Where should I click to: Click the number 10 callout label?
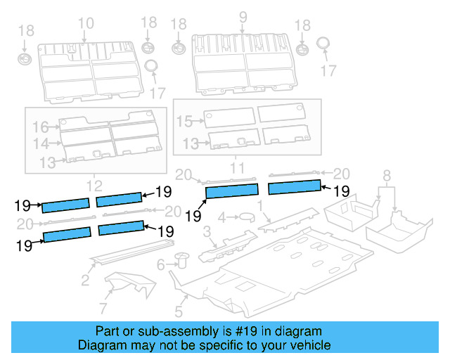pyautogui.click(x=85, y=24)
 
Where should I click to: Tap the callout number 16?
pyautogui.click(x=41, y=127)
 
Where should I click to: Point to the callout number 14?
pyautogui.click(x=41, y=143)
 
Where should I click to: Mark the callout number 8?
pyautogui.click(x=387, y=175)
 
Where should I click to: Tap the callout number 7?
pyautogui.click(x=103, y=308)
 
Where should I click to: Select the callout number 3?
pyautogui.click(x=206, y=233)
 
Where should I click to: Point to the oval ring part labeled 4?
pyautogui.click(x=247, y=217)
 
